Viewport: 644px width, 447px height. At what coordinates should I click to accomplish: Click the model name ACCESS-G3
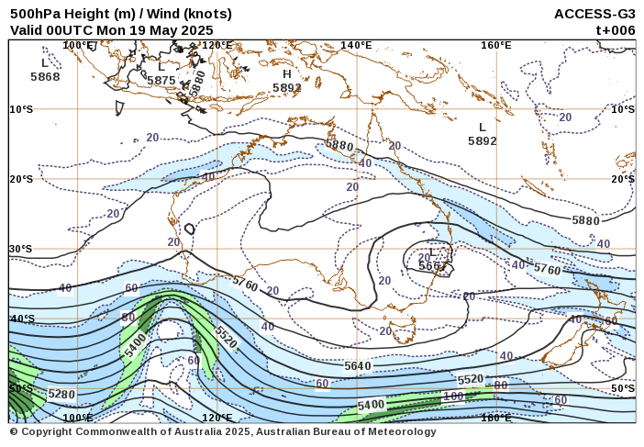pos(594,14)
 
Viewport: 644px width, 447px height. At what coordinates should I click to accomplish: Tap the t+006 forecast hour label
pos(616,29)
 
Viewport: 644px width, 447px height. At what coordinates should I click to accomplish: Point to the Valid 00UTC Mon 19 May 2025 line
pos(111,29)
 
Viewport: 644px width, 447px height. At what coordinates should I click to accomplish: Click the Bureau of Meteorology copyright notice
pos(223,431)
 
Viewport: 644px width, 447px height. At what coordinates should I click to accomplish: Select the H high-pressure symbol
pos(286,74)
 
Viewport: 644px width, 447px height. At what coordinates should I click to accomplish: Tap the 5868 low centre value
pos(45,77)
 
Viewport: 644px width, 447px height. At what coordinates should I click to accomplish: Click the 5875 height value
pos(161,81)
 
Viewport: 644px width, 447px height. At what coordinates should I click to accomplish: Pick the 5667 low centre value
pos(433,266)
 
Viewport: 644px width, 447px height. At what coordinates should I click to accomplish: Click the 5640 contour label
pos(358,365)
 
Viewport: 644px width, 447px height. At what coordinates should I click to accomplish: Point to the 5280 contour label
pos(61,395)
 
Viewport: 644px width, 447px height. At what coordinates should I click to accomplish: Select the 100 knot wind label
pos(453,397)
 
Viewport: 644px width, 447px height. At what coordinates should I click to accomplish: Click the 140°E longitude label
pos(356,45)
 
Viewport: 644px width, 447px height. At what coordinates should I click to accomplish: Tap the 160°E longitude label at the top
pos(495,45)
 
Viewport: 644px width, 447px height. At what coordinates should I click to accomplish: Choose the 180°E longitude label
pos(496,418)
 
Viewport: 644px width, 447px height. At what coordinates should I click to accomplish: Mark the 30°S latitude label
pos(20,249)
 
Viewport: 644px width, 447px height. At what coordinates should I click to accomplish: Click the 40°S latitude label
pos(20,318)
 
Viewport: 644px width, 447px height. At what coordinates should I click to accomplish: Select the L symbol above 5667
pos(433,252)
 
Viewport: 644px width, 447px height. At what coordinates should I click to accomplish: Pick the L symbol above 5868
pos(44,63)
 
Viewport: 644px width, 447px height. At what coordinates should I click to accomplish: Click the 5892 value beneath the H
pos(287,88)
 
